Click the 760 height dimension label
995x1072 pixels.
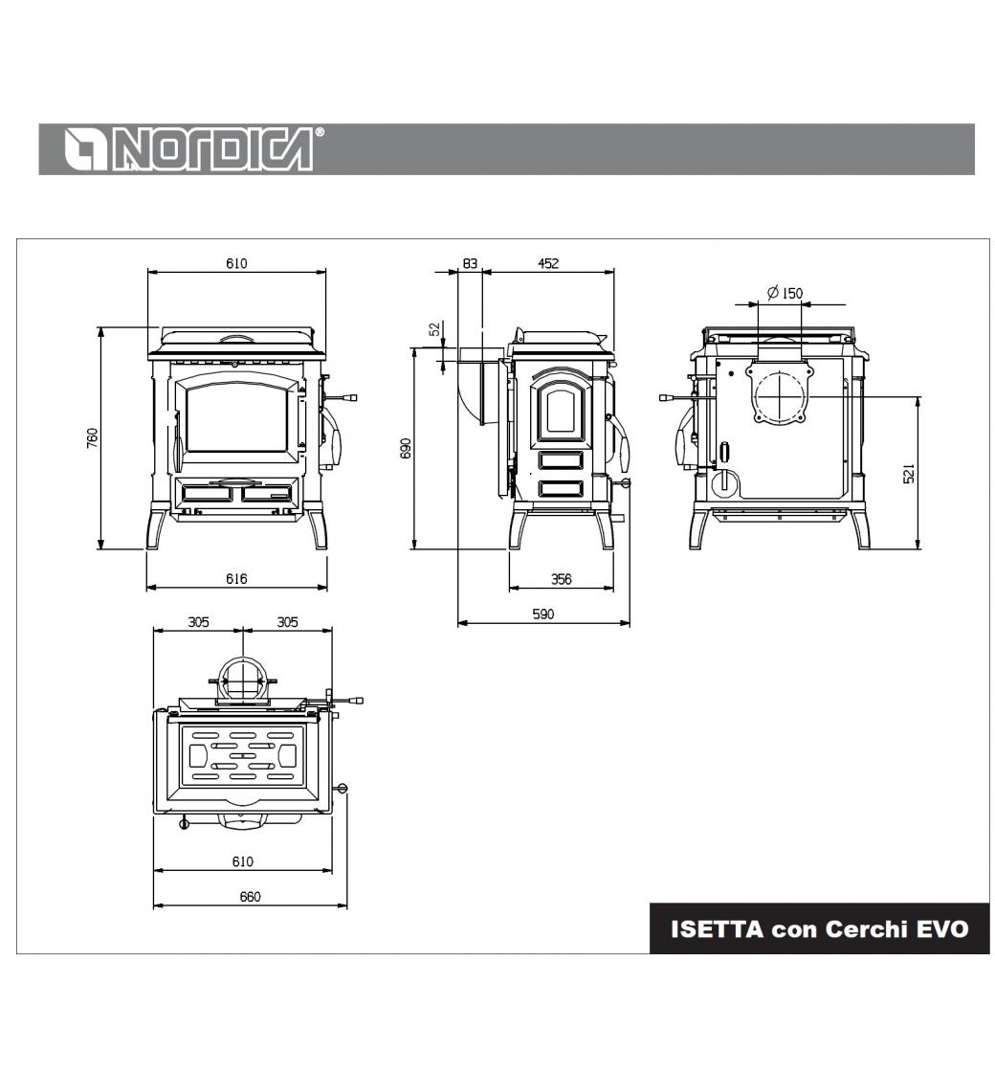pos(93,438)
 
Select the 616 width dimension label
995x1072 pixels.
pos(236,579)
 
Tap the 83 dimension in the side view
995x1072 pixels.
pos(470,263)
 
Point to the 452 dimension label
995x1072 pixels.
pos(548,263)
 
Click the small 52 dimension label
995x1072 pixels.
pos(435,329)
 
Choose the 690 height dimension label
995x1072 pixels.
pos(406,449)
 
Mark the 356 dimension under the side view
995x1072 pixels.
pos(561,579)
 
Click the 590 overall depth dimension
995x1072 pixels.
pos(543,614)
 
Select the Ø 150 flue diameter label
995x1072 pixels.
pos(785,293)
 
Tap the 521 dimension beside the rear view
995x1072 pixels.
pos(909,474)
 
